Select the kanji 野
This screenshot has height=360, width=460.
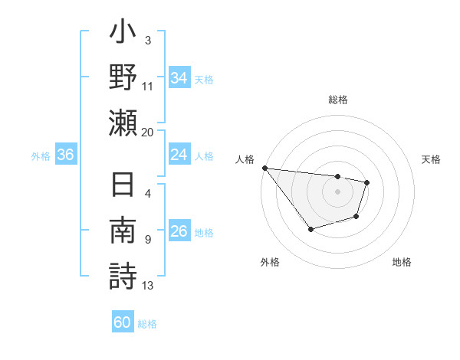pos(123,79)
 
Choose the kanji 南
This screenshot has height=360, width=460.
pos(123,231)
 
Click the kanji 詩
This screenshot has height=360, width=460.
pos(123,276)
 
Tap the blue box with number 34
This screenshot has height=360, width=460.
pos(179,78)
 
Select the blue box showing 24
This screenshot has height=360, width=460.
pos(179,155)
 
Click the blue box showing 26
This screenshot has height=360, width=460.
pos(179,231)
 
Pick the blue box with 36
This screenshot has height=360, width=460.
pos(65,155)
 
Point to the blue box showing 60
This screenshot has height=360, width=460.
pos(123,322)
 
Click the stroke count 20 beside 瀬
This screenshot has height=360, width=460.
pos(148,132)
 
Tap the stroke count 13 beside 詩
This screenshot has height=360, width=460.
pos(148,286)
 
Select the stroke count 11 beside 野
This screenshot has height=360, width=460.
pos(148,86)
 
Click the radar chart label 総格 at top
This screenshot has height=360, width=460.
pos(338,100)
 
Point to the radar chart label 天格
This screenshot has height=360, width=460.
pos(432,159)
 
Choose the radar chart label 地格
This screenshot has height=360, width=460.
pos(402,262)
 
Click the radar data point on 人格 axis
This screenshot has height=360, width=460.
pos(264,168)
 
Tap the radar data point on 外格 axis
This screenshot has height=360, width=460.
pos(310,229)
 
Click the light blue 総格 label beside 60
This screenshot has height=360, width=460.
pos(147,324)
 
